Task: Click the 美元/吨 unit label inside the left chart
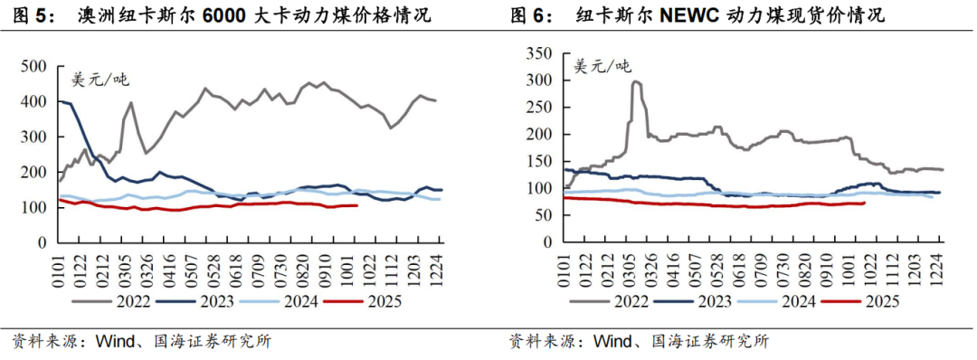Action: point(100,79)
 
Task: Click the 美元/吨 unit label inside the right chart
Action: point(601,65)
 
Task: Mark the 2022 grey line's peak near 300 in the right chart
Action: point(635,81)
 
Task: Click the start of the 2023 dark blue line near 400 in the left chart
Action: point(61,101)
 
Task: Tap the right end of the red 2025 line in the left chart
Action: point(357,205)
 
